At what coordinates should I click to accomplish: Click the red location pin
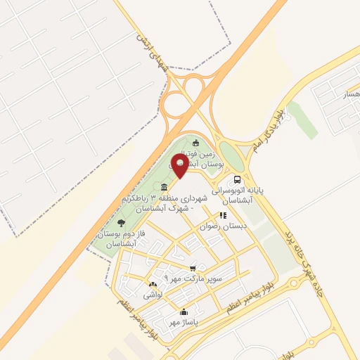tap(179, 166)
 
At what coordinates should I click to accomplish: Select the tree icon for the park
tap(122, 223)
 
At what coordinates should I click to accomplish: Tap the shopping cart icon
tap(193, 268)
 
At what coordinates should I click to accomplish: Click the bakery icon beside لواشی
tap(152, 285)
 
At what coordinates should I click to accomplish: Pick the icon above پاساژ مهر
tap(184, 312)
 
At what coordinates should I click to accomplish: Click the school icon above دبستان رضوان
tap(222, 216)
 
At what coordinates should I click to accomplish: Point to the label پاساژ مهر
tap(184, 323)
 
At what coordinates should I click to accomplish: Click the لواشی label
tap(153, 296)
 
